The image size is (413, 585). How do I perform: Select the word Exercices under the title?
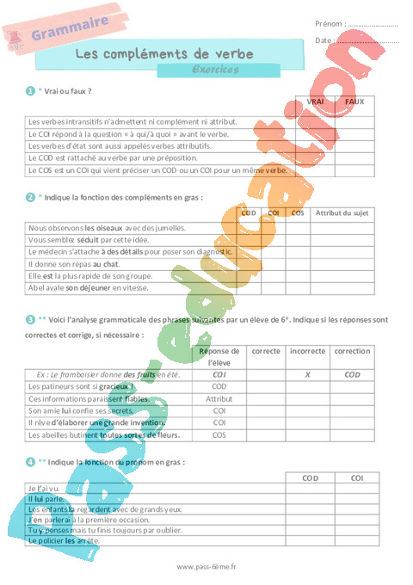click(215, 70)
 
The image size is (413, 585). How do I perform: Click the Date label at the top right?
click(324, 40)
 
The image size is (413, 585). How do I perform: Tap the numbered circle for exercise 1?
click(30, 89)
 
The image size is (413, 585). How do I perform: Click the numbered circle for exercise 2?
click(30, 197)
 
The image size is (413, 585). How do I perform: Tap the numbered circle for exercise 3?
click(30, 319)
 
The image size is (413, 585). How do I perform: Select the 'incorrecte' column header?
click(307, 351)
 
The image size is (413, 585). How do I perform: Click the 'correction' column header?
click(352, 351)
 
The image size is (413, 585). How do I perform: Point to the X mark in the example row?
click(307, 375)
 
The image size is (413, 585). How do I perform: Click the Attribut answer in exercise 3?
click(219, 399)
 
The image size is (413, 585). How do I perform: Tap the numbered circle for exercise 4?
click(30, 462)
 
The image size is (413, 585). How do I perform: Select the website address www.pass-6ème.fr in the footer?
click(206, 567)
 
